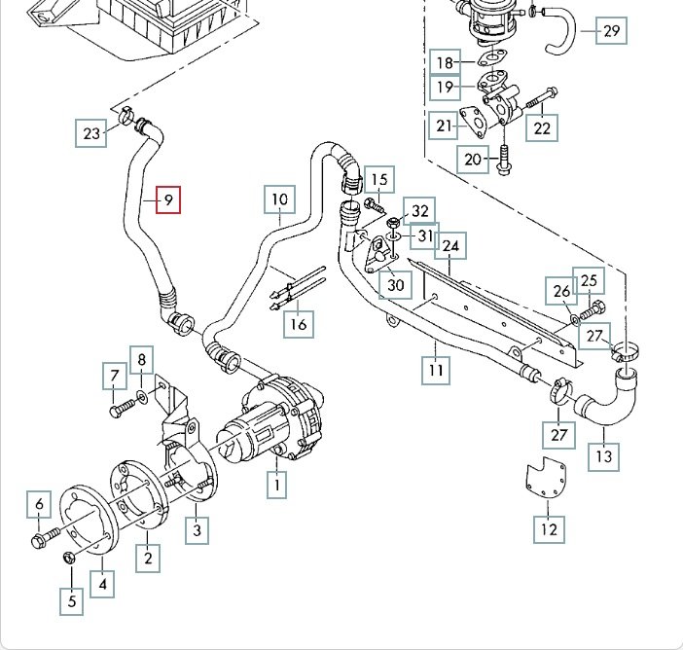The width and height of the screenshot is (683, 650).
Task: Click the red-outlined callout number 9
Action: pos(167,201)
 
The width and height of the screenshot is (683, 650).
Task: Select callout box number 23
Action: pos(92,133)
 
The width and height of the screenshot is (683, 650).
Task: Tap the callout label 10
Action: pos(279,200)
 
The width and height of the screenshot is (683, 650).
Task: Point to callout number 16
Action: pos(300,323)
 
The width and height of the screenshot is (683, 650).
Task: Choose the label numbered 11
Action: pos(436,371)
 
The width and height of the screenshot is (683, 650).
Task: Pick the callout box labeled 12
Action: pos(549,529)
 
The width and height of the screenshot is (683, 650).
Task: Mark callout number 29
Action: pos(611,31)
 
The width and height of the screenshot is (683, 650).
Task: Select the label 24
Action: pos(450,246)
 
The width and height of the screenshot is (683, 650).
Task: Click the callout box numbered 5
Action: pos(71,601)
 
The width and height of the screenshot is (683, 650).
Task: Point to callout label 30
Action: pos(395,284)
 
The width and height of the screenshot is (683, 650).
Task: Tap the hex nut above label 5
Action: pos(69,558)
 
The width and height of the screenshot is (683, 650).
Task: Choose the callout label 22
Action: pos(541,126)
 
